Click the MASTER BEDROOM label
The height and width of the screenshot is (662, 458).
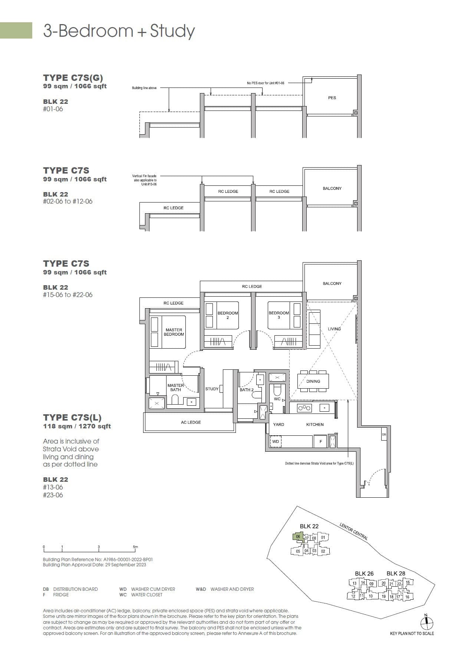click(x=174, y=332)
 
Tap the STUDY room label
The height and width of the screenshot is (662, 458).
click(x=212, y=389)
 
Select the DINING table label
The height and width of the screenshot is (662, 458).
click(x=313, y=381)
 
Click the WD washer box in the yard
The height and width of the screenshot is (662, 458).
click(x=276, y=441)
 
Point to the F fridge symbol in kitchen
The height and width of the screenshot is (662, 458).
click(x=321, y=441)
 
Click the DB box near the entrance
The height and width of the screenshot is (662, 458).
click(x=384, y=434)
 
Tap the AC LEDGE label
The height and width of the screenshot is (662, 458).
click(x=191, y=422)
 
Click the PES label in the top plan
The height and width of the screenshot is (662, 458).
click(x=332, y=98)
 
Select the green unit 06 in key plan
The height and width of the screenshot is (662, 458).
click(x=298, y=537)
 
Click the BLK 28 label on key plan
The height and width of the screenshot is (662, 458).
click(x=396, y=573)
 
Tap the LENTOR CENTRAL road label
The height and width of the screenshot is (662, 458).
click(x=353, y=531)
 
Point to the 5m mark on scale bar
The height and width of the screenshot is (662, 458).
click(x=135, y=547)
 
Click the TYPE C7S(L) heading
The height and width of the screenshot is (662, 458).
click(x=72, y=417)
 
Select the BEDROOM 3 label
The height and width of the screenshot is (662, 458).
click(x=279, y=315)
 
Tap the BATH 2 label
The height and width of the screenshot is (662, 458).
click(x=246, y=390)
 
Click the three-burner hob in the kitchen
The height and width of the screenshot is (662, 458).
click(x=304, y=408)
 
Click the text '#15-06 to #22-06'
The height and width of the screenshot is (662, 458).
click(x=67, y=295)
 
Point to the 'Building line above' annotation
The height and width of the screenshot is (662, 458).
click(x=144, y=88)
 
